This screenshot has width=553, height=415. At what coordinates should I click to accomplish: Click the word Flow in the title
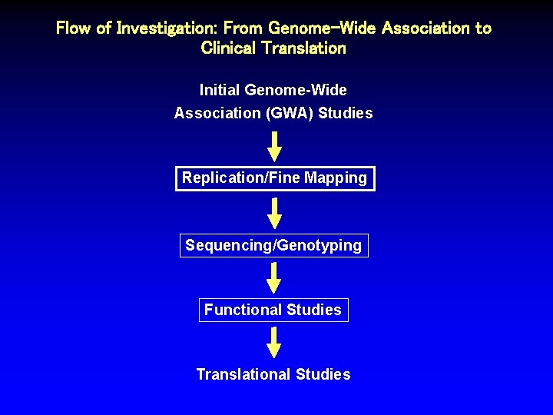[x=74, y=28]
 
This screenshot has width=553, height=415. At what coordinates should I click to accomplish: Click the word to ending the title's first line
[x=483, y=28]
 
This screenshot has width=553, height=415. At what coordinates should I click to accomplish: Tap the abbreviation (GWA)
[x=290, y=113]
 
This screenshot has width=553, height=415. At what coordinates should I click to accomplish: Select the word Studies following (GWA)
[x=346, y=113]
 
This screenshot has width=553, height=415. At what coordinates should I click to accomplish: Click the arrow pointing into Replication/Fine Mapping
[x=274, y=146]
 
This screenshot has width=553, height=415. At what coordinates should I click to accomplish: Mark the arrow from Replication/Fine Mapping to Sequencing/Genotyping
[x=274, y=213]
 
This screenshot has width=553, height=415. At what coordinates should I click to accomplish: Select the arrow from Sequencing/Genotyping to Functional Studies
[x=274, y=278]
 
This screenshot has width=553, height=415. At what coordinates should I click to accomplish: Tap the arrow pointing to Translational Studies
[x=274, y=343]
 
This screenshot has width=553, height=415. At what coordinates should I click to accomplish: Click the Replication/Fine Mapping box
[x=275, y=178]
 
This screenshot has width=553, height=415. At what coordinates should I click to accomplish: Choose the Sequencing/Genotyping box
[x=273, y=245]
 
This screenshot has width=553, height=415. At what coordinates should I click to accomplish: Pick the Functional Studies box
[x=273, y=310]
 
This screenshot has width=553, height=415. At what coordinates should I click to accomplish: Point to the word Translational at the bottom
[x=243, y=374]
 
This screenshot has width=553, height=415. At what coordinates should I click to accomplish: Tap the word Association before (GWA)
[x=217, y=113]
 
